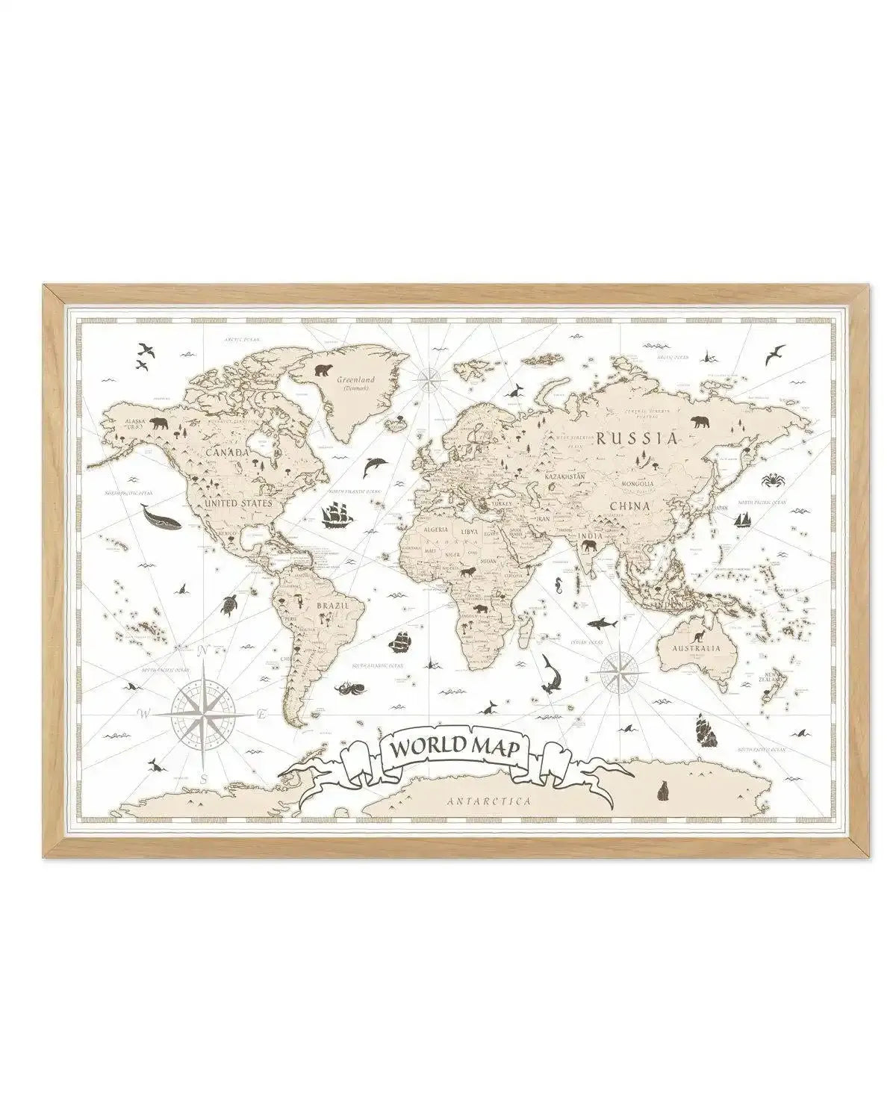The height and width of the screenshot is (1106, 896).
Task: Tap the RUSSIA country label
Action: (x=635, y=438)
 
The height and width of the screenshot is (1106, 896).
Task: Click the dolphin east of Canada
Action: (x=373, y=467)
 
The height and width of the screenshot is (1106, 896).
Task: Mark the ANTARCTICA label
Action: (x=490, y=801)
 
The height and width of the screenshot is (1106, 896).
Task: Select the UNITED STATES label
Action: (x=238, y=503)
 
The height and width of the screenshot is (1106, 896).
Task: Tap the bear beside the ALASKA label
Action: (x=159, y=425)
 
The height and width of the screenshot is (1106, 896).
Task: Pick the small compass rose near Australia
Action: (x=619, y=671)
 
